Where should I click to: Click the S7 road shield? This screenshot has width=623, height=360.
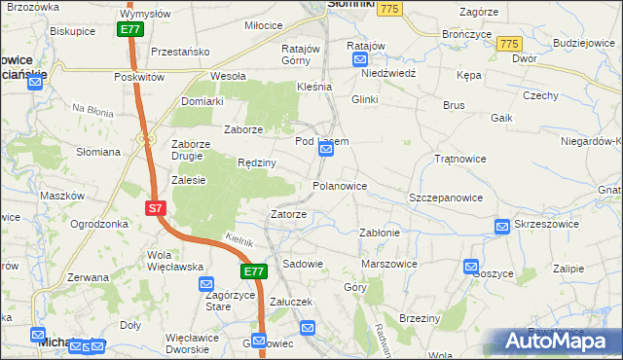(155, 208)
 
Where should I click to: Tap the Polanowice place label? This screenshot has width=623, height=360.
(339, 185)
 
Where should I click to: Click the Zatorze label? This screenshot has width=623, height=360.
(289, 214)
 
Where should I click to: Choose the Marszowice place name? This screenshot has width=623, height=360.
(388, 264)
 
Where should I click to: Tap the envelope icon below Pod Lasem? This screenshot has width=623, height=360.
(328, 154)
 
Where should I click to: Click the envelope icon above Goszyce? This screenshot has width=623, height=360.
(472, 266)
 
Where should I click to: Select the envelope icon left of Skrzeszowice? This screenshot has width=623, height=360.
(502, 227)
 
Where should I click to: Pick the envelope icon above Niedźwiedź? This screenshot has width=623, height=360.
(358, 58)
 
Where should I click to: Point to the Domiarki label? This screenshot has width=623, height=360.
(202, 100)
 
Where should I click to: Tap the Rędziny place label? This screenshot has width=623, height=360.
(256, 162)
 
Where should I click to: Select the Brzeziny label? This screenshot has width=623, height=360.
(421, 318)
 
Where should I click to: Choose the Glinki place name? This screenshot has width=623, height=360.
(364, 99)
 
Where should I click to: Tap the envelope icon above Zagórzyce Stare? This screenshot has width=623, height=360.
(206, 285)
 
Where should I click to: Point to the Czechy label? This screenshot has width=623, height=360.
(539, 95)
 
